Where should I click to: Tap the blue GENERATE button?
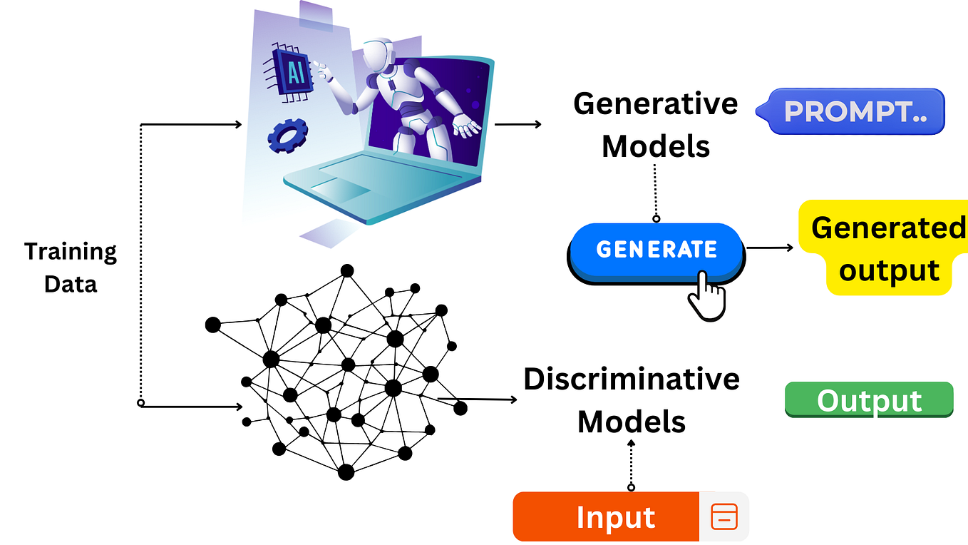click(657, 250)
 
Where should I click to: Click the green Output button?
click(869, 400)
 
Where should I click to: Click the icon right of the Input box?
click(724, 516)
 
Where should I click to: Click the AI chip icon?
click(293, 71)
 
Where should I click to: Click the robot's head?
click(376, 54)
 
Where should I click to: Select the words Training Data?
click(70, 268)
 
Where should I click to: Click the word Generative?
click(655, 104)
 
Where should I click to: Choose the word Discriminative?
click(632, 379)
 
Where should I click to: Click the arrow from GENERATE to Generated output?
click(770, 248)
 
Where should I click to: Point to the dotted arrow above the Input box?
click(631, 464)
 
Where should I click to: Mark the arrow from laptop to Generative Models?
click(518, 124)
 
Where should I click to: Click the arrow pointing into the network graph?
click(192, 407)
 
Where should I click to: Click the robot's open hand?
click(468, 128)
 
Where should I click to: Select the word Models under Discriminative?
click(632, 421)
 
